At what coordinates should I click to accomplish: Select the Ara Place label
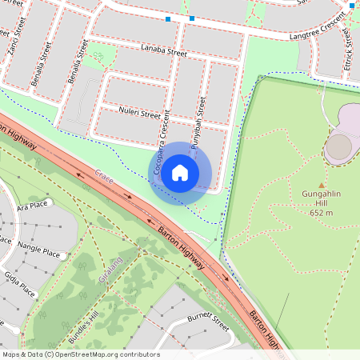33,205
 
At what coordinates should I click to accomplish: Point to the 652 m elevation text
321,213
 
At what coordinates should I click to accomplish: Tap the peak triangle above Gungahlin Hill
322,184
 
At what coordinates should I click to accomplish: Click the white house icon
180,173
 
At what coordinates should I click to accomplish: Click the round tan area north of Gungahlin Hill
338,146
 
